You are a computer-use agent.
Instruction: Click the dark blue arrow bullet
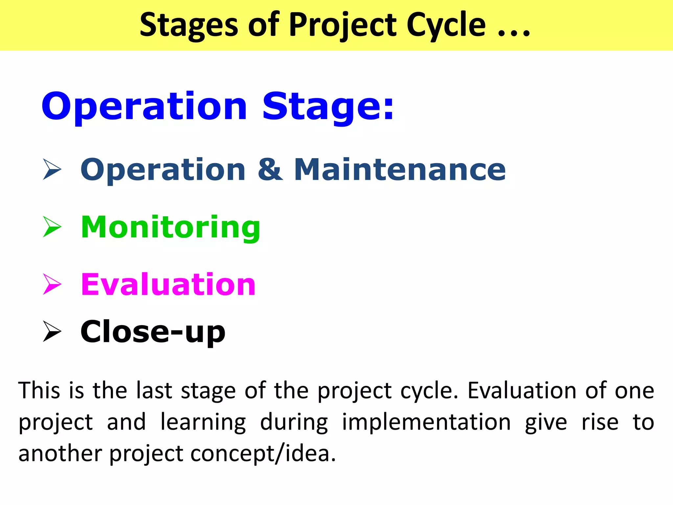coord(52,169)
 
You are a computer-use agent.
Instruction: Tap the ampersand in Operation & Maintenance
coord(270,169)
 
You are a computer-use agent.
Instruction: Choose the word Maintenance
coord(399,169)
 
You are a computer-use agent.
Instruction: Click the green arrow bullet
coord(52,227)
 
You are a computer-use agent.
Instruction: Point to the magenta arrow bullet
coord(52,284)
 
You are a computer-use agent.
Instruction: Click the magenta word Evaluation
coord(168,284)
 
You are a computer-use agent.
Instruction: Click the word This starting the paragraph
coord(39,390)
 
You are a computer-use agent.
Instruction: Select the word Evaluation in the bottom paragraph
coord(522,390)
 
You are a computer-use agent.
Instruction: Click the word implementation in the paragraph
coord(426,422)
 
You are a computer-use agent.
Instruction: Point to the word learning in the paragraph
coord(203,422)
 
